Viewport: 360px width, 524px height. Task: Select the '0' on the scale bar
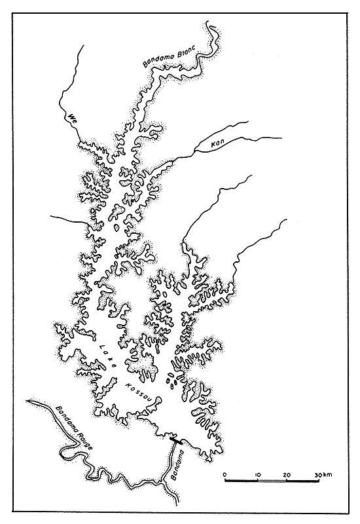coord(225,474)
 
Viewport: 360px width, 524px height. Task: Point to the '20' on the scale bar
coord(287,474)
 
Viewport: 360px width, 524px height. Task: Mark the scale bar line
coord(272,481)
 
